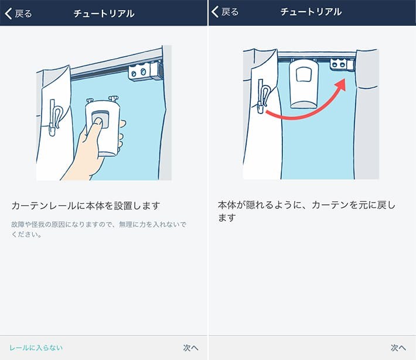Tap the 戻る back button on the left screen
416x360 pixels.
click(x=19, y=13)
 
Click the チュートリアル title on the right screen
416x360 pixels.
click(x=312, y=12)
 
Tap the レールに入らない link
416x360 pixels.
click(x=36, y=348)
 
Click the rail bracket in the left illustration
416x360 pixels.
click(x=144, y=72)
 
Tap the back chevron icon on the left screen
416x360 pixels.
click(x=8, y=13)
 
